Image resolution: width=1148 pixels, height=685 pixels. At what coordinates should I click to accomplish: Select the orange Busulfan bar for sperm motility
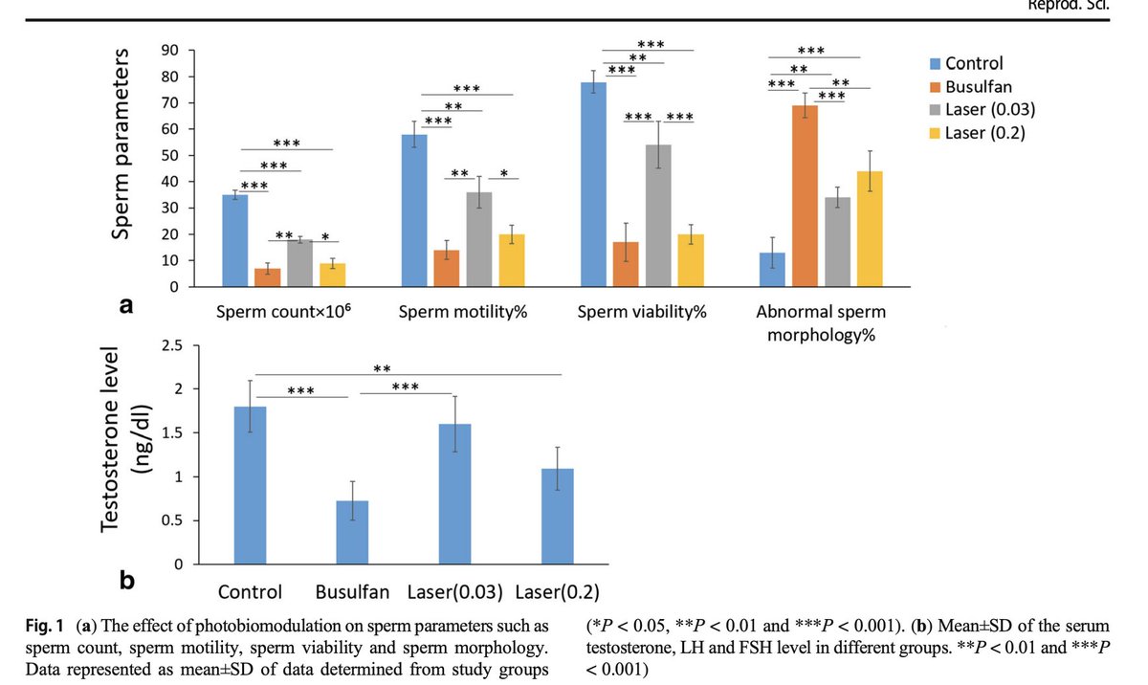coord(447,269)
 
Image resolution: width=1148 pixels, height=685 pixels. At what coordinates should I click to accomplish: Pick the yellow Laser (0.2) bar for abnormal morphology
coord(870,230)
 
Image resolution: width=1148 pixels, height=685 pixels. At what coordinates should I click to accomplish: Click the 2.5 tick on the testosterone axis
coord(171,345)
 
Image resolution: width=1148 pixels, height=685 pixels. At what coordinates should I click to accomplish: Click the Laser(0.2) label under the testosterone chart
coord(558,590)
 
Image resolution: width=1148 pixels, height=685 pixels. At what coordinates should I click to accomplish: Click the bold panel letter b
coord(127,580)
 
